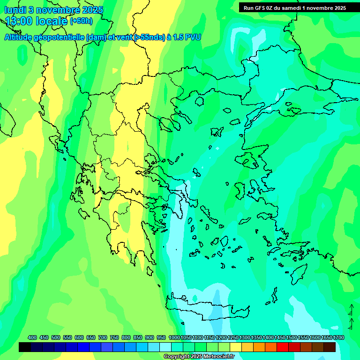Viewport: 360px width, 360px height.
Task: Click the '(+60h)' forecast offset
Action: coord(81,21)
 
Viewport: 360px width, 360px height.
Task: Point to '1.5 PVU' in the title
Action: coord(187,37)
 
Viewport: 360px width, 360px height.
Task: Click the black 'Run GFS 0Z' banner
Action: coord(294,7)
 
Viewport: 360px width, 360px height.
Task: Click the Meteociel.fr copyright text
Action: coord(203,356)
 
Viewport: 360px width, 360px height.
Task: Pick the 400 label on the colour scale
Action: coord(32,337)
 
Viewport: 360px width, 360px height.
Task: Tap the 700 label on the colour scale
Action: coord(103,337)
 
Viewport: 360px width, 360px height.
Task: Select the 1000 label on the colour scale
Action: coord(174,337)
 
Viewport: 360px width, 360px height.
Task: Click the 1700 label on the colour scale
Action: coord(338,337)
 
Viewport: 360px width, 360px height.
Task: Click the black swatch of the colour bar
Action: coord(25,347)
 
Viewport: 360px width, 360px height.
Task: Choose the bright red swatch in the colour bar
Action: coord(283,347)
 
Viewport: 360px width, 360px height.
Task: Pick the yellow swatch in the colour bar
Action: coord(236,347)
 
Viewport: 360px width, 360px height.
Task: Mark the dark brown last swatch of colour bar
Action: coord(330,347)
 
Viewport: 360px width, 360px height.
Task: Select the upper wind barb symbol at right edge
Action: coord(350,310)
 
